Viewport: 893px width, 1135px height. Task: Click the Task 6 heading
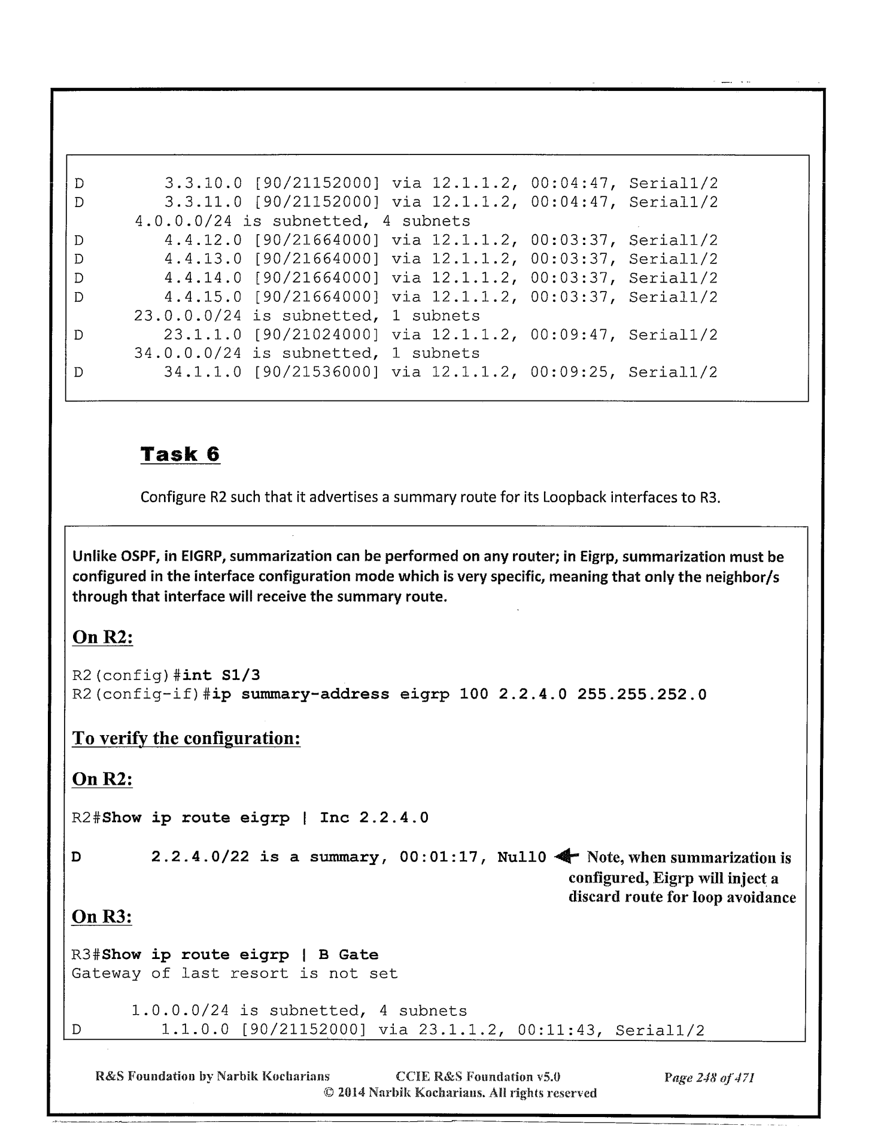pos(180,454)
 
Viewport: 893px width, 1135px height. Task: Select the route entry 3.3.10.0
pos(203,183)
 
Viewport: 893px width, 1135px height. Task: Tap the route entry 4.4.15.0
pos(203,297)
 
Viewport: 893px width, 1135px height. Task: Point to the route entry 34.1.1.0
pos(203,372)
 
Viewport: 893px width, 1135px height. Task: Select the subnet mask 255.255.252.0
pos(642,694)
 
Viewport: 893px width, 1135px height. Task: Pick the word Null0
pos(521,857)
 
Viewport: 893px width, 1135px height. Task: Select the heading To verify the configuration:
pos(186,738)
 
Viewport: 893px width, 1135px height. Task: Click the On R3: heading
pos(102,917)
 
